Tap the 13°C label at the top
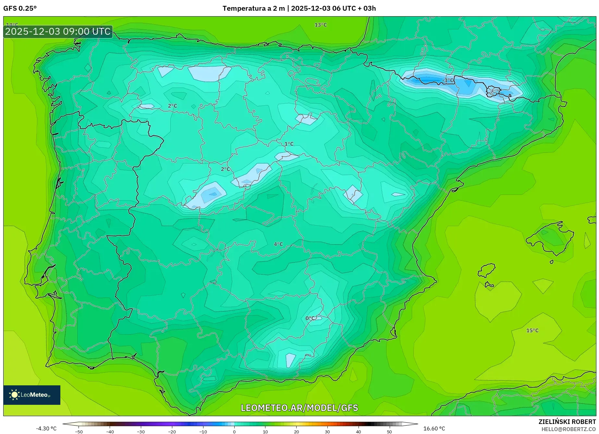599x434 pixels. pyautogui.click(x=321, y=25)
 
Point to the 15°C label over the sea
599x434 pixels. pyautogui.click(x=532, y=331)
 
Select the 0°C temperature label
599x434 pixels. pyautogui.click(x=310, y=318)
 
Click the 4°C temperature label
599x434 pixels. pyautogui.click(x=278, y=244)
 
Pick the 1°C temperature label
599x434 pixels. pyautogui.click(x=289, y=144)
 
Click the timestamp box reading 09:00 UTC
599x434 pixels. pyautogui.click(x=58, y=31)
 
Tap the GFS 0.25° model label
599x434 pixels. pyautogui.click(x=20, y=8)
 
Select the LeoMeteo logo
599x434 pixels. pyautogui.click(x=32, y=395)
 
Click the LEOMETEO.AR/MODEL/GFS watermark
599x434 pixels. pyautogui.click(x=299, y=408)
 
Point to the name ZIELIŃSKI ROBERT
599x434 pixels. pyautogui.click(x=567, y=422)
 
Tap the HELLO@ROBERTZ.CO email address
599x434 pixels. pyautogui.click(x=568, y=429)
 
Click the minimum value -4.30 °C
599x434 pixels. pyautogui.click(x=46, y=428)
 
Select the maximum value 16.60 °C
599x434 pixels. pyautogui.click(x=434, y=428)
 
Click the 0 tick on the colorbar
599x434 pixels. pyautogui.click(x=234, y=432)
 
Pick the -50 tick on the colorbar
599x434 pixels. pyautogui.click(x=79, y=432)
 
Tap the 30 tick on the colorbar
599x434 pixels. pyautogui.click(x=327, y=432)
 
